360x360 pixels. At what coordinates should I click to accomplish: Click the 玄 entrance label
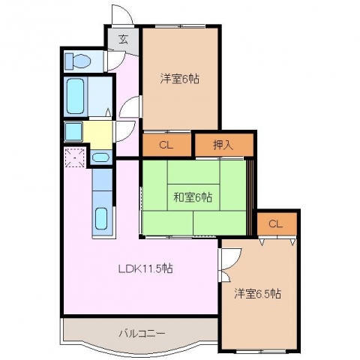click(x=123, y=40)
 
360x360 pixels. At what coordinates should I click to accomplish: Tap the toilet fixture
click(x=78, y=61)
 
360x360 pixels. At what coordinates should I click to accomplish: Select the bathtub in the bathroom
click(x=75, y=96)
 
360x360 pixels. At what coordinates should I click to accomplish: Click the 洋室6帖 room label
click(x=180, y=79)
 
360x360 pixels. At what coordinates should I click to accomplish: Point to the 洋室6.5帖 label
click(x=257, y=293)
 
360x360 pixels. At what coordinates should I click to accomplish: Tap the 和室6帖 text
click(x=193, y=197)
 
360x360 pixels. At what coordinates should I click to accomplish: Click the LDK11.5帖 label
click(x=145, y=268)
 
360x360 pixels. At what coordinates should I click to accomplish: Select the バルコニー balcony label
click(x=142, y=334)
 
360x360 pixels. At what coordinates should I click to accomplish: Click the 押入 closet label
click(x=223, y=145)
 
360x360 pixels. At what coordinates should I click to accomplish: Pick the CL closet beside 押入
click(x=166, y=145)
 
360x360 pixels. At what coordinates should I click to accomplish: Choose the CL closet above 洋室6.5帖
click(x=275, y=224)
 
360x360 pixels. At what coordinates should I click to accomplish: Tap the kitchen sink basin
click(x=101, y=218)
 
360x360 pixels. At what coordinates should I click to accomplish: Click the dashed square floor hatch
click(x=74, y=157)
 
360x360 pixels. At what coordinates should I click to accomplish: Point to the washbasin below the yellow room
click(x=100, y=157)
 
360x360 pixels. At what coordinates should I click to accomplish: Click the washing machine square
click(x=73, y=131)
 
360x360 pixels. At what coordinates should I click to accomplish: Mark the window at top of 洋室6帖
click(x=180, y=25)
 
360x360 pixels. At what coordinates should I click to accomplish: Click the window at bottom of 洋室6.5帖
click(x=261, y=352)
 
